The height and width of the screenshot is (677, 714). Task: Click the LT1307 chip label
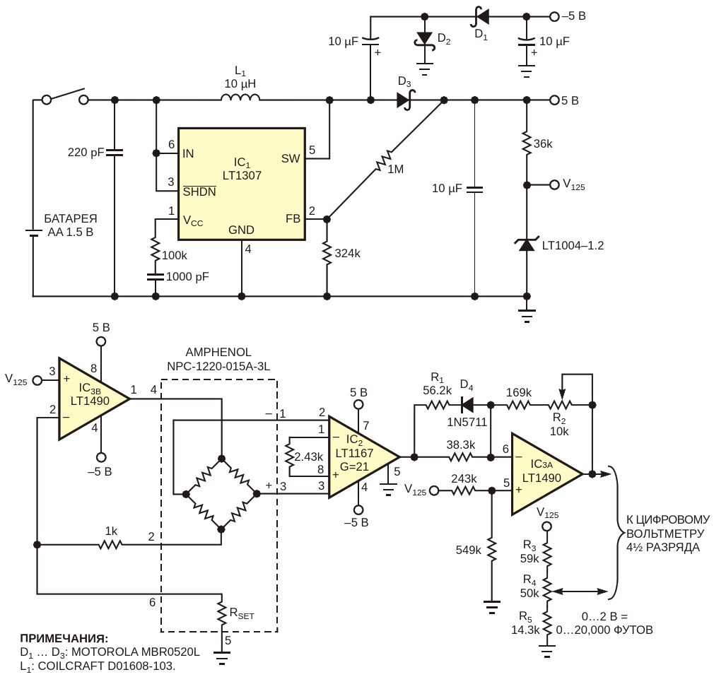pyautogui.click(x=242, y=176)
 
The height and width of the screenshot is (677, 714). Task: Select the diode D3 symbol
pyautogui.click(x=405, y=100)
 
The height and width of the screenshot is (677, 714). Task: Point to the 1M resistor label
pyautogui.click(x=395, y=170)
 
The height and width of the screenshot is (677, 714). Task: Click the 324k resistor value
pyautogui.click(x=347, y=254)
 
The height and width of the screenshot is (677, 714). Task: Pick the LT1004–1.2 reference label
pyautogui.click(x=573, y=246)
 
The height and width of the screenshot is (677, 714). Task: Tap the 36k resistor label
pyautogui.click(x=543, y=144)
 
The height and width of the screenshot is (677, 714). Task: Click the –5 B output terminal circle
pyautogui.click(x=554, y=17)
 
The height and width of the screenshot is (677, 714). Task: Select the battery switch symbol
pyautogui.click(x=64, y=97)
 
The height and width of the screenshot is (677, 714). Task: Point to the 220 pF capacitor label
pyautogui.click(x=86, y=153)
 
